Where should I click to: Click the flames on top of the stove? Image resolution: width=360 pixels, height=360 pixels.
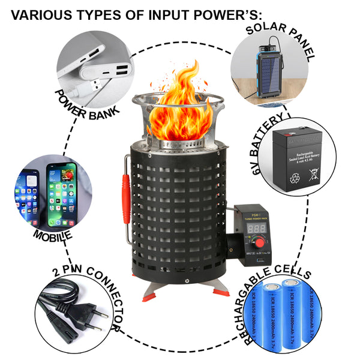click(x=180, y=108)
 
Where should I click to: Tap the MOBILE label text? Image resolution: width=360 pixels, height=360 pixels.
click(x=53, y=235)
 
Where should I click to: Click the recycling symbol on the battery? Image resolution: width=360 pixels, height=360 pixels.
click(x=293, y=176)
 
